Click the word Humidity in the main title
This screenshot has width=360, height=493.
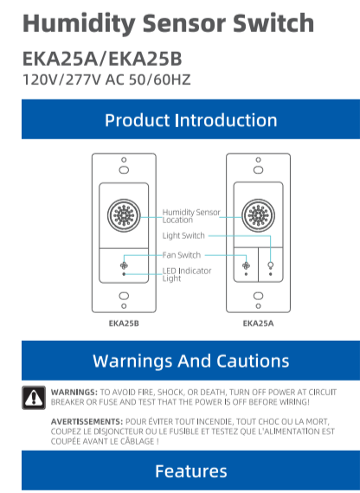[79, 24]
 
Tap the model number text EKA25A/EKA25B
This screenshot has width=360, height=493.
[102, 59]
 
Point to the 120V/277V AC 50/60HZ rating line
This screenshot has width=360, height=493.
[106, 80]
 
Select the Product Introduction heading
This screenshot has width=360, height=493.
[191, 120]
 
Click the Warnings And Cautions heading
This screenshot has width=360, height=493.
[191, 361]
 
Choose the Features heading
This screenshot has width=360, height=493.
[191, 471]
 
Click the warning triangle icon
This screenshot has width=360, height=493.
[34, 398]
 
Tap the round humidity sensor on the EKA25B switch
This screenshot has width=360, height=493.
[124, 215]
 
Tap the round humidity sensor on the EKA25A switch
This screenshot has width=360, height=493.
[258, 215]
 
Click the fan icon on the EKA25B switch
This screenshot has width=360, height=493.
[124, 266]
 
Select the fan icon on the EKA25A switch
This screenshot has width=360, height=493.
[246, 266]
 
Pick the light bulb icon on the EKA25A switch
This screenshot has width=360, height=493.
[270, 266]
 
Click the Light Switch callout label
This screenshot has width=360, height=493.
[183, 235]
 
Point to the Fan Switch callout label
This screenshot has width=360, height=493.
[182, 255]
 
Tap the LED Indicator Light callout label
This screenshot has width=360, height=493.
[187, 274]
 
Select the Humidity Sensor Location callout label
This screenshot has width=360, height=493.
[191, 216]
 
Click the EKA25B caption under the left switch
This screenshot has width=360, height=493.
[124, 323]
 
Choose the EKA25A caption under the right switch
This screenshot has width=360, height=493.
[258, 323]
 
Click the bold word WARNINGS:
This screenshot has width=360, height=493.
[74, 393]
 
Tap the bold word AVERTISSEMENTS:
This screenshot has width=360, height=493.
[87, 421]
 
